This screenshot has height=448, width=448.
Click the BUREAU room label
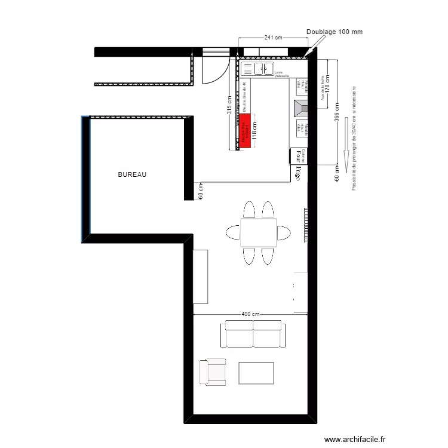click(132, 174)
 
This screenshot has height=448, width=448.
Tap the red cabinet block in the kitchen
click(245, 131)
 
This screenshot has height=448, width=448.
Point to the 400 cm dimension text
click(250, 314)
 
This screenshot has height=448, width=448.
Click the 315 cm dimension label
click(229, 107)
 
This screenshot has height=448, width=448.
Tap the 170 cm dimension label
click(328, 88)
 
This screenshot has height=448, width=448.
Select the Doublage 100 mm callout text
click(335, 32)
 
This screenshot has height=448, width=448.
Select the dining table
click(258, 233)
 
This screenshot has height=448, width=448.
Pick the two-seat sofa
click(253, 334)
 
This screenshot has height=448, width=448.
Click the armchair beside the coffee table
click(213, 372)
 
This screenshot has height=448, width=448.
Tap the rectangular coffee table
click(256, 373)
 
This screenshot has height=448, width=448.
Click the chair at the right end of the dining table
click(284, 232)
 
